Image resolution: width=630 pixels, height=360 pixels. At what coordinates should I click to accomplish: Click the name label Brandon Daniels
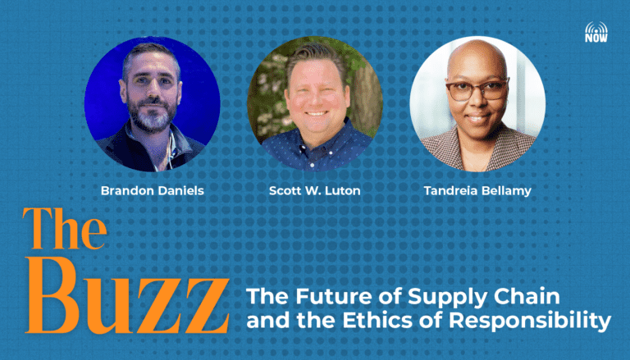click(x=153, y=190)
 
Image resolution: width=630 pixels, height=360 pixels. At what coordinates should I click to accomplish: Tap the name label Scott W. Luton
click(x=315, y=190)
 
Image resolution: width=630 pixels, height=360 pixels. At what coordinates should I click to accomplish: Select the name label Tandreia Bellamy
click(x=477, y=191)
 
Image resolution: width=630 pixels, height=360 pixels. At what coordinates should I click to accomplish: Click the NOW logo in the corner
click(x=596, y=32)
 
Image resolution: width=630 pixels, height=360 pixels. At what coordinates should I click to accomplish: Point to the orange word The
click(x=65, y=228)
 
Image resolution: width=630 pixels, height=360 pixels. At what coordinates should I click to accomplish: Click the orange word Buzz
click(x=127, y=296)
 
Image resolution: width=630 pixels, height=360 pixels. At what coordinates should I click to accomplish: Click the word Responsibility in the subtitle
click(x=530, y=321)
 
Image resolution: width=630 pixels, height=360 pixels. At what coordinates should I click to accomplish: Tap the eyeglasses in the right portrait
click(x=477, y=89)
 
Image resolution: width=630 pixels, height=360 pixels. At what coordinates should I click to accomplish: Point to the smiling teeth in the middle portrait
click(x=317, y=113)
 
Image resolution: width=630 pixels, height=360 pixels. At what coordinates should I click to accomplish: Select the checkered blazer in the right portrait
click(x=478, y=148)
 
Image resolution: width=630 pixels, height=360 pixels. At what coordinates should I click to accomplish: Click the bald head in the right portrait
click(x=477, y=57)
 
